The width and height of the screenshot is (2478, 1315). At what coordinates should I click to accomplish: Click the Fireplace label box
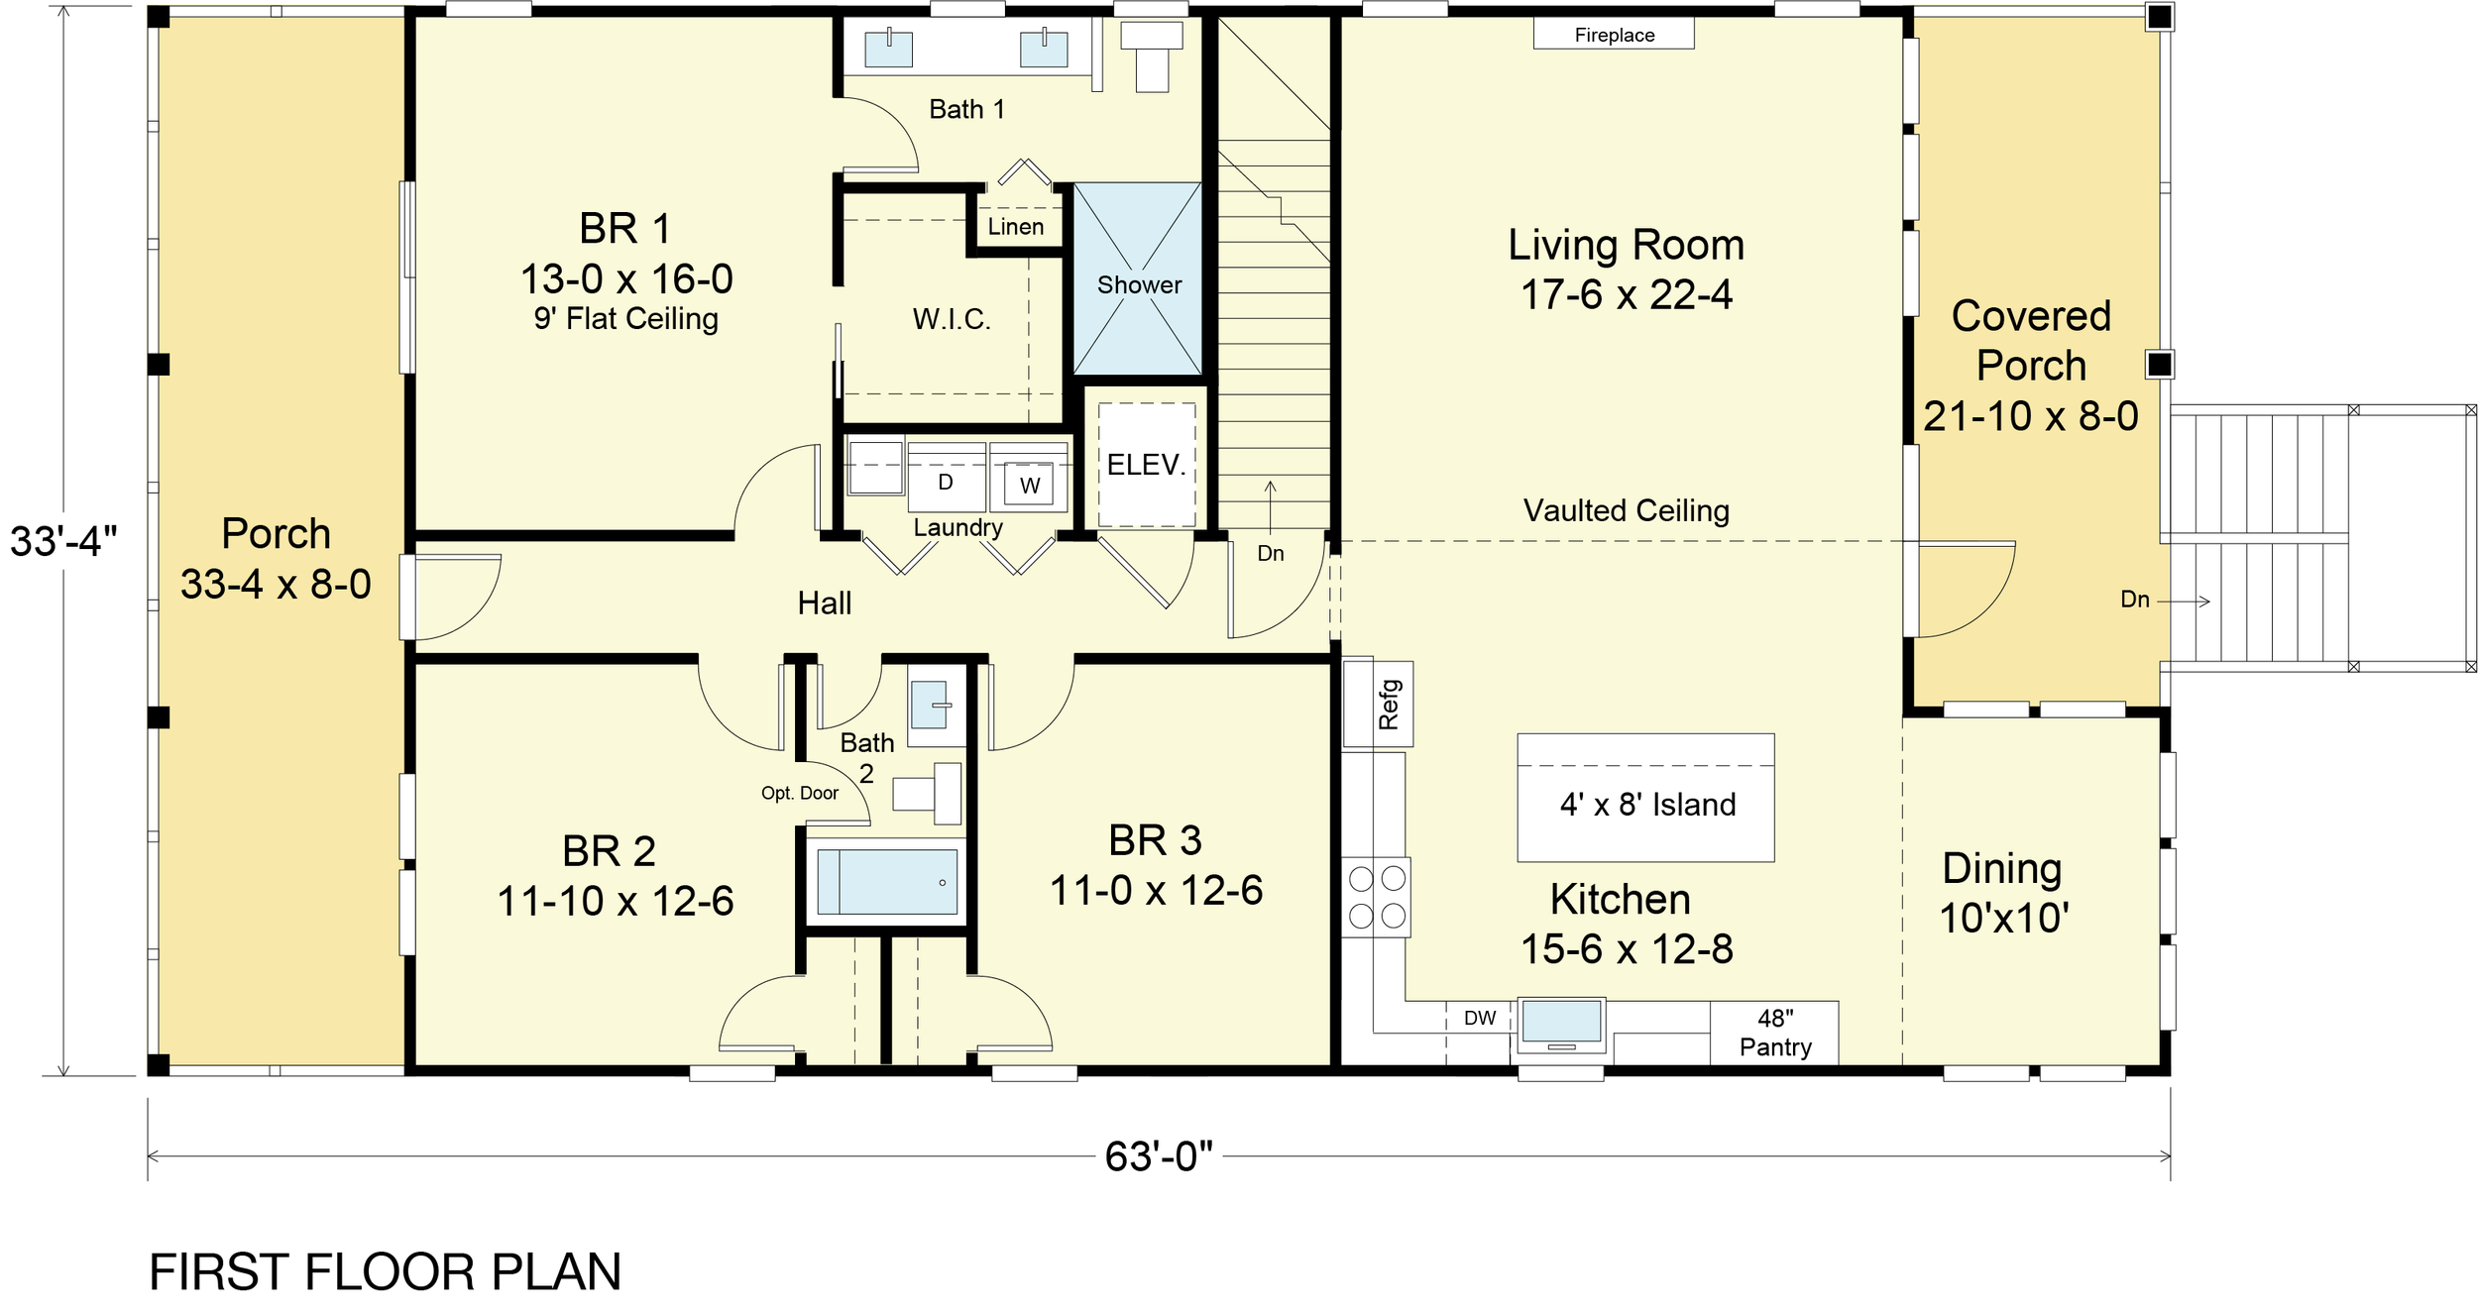tap(1614, 34)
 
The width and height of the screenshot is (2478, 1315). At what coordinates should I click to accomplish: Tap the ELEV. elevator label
tap(1146, 465)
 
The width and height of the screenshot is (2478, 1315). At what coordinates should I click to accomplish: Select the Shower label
tap(1139, 285)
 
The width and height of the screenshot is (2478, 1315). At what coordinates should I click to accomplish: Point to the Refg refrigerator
tap(1378, 704)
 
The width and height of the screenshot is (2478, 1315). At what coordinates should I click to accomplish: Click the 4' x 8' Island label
tap(1647, 804)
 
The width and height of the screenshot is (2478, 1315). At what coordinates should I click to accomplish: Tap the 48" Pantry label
tap(1775, 1034)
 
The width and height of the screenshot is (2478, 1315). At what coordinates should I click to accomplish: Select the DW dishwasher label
tap(1480, 1018)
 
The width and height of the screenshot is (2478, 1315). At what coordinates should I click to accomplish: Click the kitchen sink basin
tap(1561, 1022)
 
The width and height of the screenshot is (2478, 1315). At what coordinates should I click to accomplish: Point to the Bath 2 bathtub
tap(887, 881)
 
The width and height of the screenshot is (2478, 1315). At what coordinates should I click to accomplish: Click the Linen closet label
tap(1015, 227)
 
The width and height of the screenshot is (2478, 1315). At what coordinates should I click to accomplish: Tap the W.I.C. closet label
tap(952, 319)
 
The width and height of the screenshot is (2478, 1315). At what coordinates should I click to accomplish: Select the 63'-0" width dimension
tap(1159, 1156)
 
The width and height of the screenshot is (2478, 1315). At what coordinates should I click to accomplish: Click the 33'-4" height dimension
tap(63, 542)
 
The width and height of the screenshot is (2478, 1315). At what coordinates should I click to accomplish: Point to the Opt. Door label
tap(799, 793)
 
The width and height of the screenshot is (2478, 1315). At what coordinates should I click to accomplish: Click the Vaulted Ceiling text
tap(1626, 510)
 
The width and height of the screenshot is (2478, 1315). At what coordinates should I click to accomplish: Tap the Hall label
tap(825, 603)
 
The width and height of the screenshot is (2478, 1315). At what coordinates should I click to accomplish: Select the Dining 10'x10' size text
tap(2004, 919)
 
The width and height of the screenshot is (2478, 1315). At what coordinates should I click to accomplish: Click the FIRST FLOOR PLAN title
tap(385, 1272)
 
